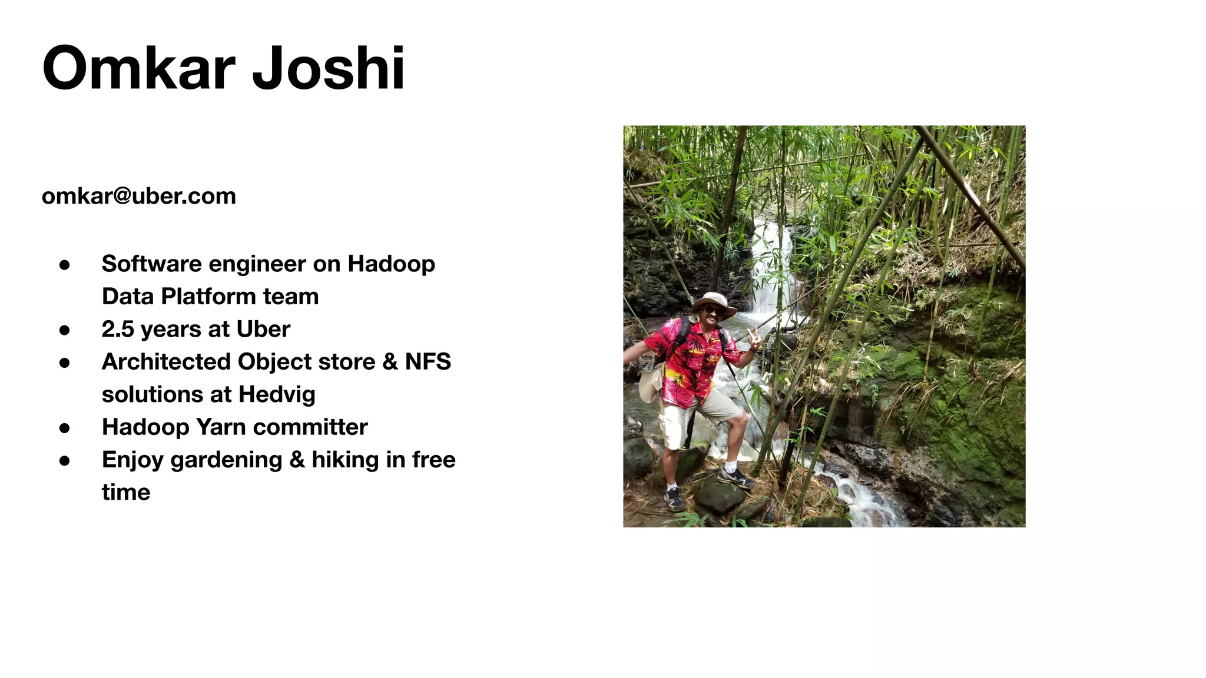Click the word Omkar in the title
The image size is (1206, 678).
(x=139, y=68)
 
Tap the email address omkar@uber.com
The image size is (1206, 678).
(x=139, y=196)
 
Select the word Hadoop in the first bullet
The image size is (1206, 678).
(x=391, y=264)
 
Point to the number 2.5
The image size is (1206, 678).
(x=118, y=329)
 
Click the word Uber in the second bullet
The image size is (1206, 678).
(x=263, y=329)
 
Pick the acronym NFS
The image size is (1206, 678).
(x=428, y=361)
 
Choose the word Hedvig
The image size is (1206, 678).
(x=277, y=394)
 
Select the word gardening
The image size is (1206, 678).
(x=226, y=460)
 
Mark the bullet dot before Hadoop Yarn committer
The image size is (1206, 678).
(x=65, y=428)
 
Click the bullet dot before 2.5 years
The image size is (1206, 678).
(x=65, y=330)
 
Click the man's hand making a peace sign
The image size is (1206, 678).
(x=753, y=339)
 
